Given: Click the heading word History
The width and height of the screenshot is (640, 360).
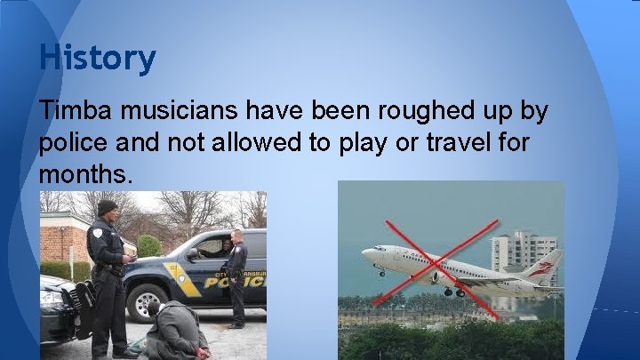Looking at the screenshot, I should pos(97,59).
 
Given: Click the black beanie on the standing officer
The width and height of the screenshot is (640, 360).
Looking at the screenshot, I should pos(108,207).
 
